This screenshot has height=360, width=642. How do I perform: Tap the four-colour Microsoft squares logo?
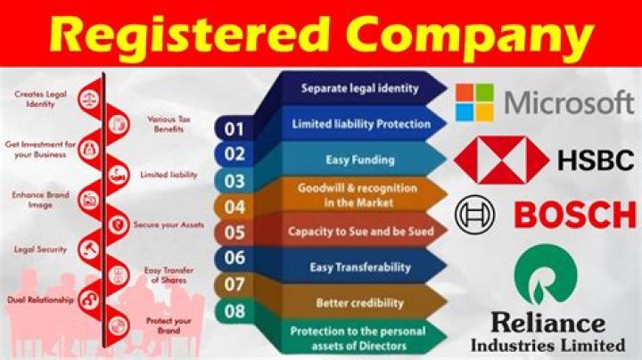pos(473,102)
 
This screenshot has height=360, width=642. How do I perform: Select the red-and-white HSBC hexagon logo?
pos(502,160)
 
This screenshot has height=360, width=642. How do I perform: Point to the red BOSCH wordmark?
pos(575,215)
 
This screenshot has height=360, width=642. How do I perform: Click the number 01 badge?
pos(234,130)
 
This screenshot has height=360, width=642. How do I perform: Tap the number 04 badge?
pos(234,207)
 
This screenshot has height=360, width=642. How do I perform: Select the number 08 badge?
pos(234,311)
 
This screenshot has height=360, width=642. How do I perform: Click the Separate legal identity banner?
pos(359,88)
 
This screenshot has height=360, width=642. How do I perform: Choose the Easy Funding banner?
pos(360,159)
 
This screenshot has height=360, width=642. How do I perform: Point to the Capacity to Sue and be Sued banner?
pos(360,231)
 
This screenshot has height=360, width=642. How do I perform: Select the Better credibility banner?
pos(360,303)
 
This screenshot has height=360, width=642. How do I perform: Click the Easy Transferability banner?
pos(360,266)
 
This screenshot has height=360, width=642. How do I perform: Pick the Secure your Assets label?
pos(169,225)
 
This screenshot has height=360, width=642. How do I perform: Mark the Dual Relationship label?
pos(40,299)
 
